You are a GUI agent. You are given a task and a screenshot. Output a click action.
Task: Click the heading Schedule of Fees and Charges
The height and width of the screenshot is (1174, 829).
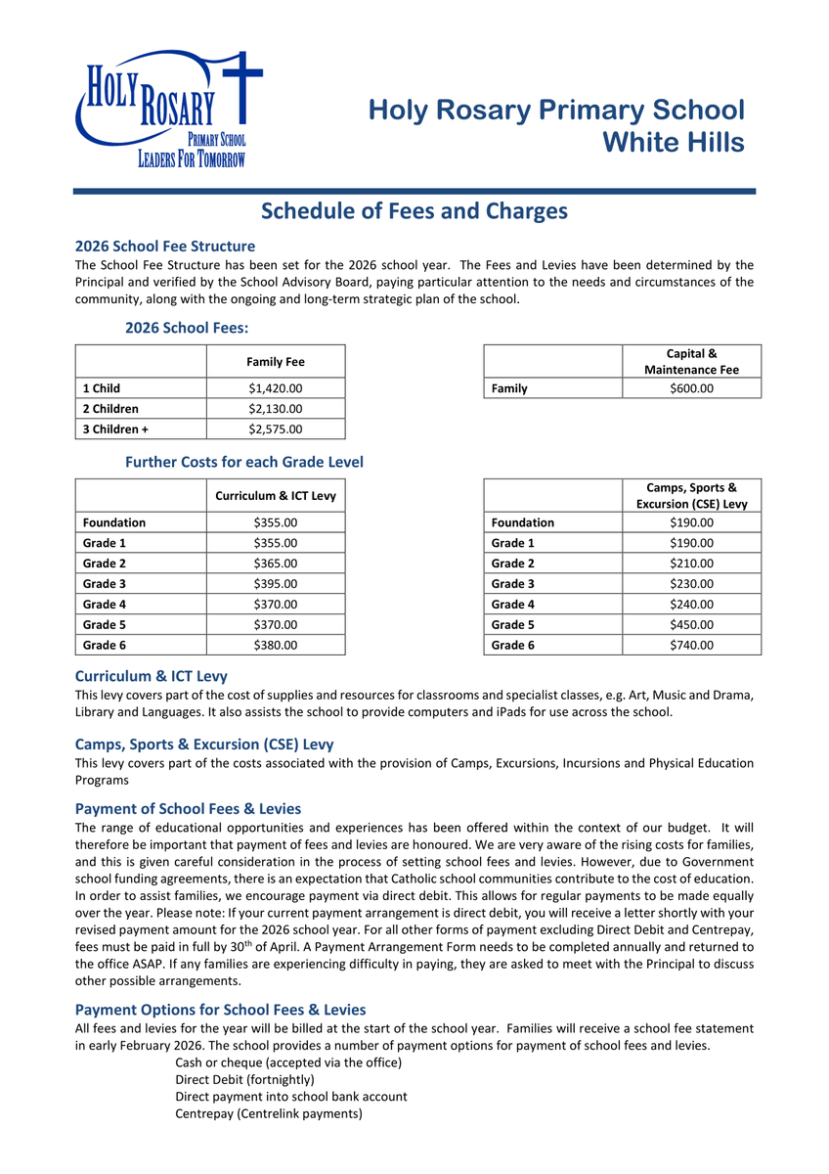(x=414, y=211)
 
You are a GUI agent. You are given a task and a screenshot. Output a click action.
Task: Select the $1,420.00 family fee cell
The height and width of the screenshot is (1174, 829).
(x=276, y=388)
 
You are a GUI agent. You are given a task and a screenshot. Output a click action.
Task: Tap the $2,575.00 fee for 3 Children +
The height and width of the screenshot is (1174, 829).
(x=276, y=429)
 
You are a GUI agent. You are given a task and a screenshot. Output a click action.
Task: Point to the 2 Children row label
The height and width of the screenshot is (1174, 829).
(x=110, y=409)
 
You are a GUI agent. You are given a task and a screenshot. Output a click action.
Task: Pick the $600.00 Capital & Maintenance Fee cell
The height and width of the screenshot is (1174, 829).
(x=691, y=388)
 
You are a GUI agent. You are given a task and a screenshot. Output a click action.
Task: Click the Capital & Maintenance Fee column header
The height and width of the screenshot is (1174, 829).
(x=691, y=361)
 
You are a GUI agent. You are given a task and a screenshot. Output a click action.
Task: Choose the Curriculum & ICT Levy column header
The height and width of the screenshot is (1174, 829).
(x=276, y=496)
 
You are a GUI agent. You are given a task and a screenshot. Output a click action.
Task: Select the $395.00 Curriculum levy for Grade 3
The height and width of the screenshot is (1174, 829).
(x=276, y=584)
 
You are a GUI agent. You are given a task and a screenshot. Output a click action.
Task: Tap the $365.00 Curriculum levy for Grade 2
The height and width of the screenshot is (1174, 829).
(x=276, y=564)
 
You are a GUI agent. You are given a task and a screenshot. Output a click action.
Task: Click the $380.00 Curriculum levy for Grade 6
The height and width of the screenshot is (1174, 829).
(x=276, y=645)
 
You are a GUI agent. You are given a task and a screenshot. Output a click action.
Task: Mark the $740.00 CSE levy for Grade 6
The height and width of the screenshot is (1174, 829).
(x=691, y=645)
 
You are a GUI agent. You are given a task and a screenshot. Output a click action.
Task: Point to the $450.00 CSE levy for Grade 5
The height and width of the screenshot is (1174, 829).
(x=691, y=624)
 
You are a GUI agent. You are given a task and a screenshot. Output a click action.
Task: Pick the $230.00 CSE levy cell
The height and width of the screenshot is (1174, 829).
(x=691, y=584)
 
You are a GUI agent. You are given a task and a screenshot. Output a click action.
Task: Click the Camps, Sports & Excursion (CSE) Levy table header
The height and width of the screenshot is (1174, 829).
(x=691, y=495)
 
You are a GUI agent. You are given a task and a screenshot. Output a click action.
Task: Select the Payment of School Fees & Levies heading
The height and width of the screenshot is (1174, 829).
(x=188, y=809)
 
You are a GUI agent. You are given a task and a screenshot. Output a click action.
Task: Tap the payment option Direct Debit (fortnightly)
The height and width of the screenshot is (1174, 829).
(x=244, y=1079)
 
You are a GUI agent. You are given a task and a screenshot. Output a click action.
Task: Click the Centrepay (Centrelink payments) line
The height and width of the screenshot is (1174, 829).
(x=269, y=1113)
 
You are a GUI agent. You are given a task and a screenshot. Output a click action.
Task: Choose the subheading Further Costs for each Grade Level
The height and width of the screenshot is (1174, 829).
(x=244, y=462)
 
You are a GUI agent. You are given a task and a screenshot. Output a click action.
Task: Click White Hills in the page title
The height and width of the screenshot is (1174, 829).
(x=673, y=143)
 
